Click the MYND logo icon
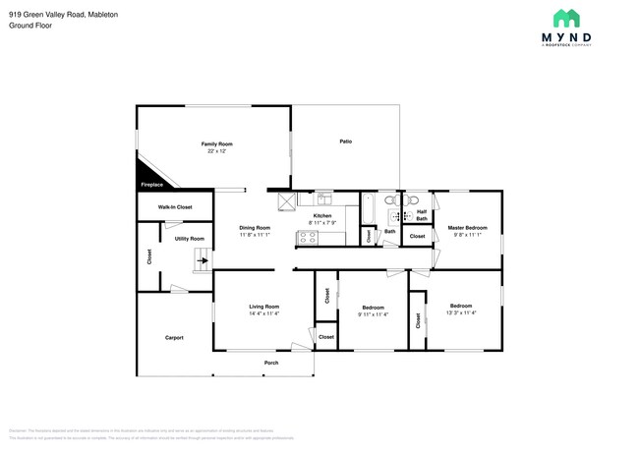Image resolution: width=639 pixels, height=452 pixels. (x=567, y=18)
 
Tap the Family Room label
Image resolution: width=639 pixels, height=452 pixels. (x=217, y=143)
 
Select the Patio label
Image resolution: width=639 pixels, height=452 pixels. (x=346, y=141)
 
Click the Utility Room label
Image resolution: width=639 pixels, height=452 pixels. (x=190, y=239)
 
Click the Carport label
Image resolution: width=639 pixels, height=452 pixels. (x=173, y=338)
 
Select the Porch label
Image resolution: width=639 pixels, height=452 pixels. (x=271, y=364)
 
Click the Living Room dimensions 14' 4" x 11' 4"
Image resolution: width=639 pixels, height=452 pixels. (x=264, y=313)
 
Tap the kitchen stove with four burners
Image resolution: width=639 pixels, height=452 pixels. (x=307, y=236)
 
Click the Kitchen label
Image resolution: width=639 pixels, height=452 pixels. (x=322, y=215)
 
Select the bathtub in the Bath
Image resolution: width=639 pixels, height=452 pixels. (x=369, y=208)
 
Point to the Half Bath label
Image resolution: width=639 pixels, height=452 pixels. (x=422, y=215)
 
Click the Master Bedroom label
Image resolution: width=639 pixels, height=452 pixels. (x=468, y=228)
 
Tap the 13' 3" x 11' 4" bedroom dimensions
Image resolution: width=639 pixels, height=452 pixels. (x=460, y=312)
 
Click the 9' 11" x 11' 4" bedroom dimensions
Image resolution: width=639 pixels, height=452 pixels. (x=373, y=313)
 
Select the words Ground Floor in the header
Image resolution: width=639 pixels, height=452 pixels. (x=30, y=26)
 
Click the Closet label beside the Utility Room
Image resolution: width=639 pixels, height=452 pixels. (x=149, y=257)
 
